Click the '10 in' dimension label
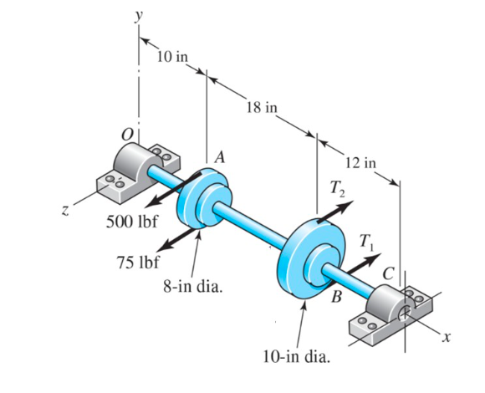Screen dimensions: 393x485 click(x=172, y=57)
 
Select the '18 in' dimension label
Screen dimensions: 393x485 click(x=262, y=107)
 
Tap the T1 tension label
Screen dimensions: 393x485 click(x=365, y=242)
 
